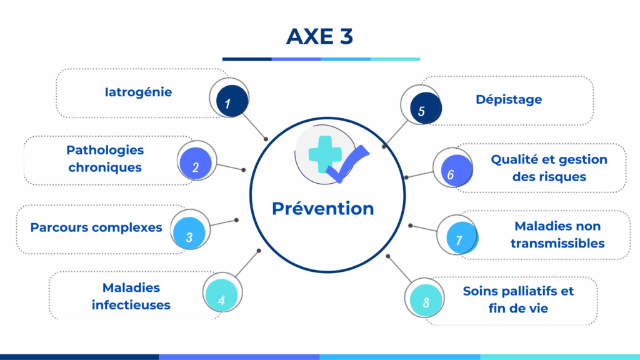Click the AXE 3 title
[319, 36]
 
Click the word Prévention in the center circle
[323, 208]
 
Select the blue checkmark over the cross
[348, 164]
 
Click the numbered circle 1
[232, 101]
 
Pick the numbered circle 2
[196, 164]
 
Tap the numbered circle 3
[189, 233]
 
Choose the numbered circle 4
[221, 296]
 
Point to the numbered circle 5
[426, 108]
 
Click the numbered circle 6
[457, 171]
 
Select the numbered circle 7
[462, 237]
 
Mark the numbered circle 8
[426, 301]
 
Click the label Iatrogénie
[138, 92]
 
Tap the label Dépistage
[509, 99]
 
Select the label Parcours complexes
[96, 227]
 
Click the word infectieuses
[131, 305]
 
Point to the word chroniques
[105, 167]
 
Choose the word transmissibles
[557, 243]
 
